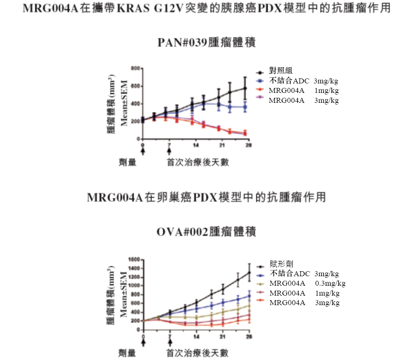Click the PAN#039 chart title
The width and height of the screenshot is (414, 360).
[x=207, y=43]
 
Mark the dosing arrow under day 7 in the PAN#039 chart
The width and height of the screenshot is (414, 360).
[x=169, y=151]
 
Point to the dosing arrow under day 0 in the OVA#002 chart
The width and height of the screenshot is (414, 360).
[x=143, y=342]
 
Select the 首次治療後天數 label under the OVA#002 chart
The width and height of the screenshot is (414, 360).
[x=198, y=353]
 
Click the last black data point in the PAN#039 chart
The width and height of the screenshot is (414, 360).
[x=245, y=88]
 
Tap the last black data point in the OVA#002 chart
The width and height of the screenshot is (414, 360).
[x=249, y=272]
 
